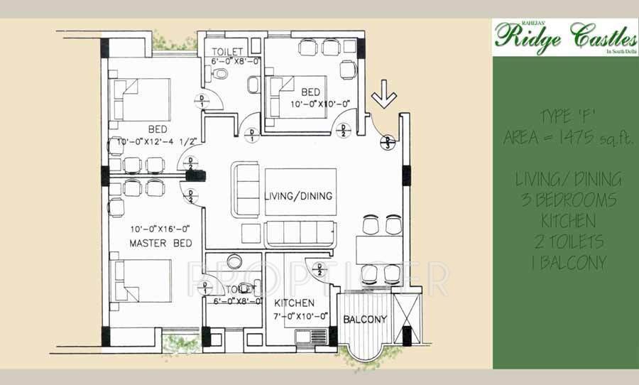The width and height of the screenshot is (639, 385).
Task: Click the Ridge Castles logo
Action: coord(564,36)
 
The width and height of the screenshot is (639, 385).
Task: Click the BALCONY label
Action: coord(365,319)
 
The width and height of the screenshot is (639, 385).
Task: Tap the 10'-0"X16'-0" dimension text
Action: coord(160,229)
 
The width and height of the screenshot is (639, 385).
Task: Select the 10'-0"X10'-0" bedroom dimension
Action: coord(322,104)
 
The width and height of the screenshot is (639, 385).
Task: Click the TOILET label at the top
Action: coord(228,51)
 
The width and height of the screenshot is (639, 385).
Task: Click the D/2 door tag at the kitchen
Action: coord(320,269)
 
